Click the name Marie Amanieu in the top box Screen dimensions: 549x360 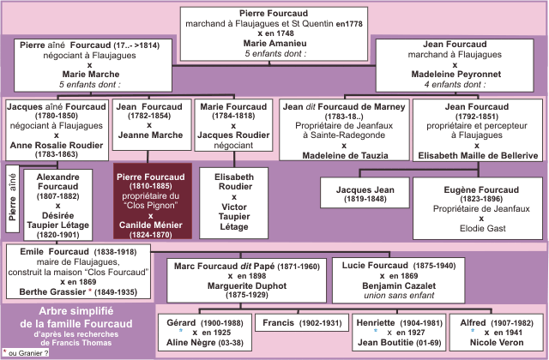tap(274, 44)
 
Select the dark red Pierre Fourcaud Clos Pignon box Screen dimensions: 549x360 tap(153, 201)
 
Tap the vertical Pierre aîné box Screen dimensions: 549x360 tap(13, 199)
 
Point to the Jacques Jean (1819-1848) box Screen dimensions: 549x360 tap(365, 193)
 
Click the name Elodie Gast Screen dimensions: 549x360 tap(482, 229)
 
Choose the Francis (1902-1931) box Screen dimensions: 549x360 tap(302, 322)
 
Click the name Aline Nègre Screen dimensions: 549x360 tap(190, 343)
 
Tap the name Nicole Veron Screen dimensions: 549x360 tap(497, 343)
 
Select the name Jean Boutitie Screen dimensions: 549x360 tap(385, 343)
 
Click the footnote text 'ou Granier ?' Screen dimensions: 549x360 tap(28, 353)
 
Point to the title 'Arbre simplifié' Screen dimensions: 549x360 tap(76, 311)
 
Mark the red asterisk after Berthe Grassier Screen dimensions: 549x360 tap(90, 291)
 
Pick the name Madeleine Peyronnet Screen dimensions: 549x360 tap(455, 75)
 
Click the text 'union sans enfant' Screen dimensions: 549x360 tap(399, 296)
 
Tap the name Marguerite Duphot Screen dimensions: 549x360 tap(247, 285)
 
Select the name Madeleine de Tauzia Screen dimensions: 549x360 tap(345, 155)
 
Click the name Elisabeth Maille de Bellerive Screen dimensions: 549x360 tap(478, 155)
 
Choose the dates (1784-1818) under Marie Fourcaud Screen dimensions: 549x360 tap(233, 116)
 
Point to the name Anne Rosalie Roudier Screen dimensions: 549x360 tap(57, 145)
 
